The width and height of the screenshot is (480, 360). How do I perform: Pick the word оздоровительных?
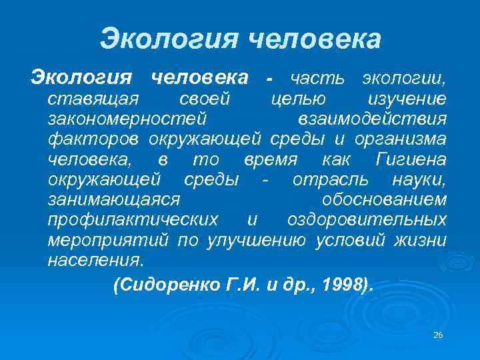click(x=367, y=220)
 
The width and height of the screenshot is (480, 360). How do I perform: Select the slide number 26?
click(x=438, y=335)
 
